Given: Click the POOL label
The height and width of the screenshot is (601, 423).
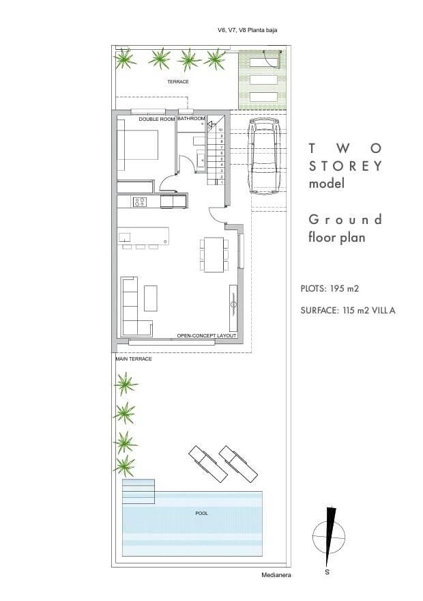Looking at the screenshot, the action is [x=202, y=513].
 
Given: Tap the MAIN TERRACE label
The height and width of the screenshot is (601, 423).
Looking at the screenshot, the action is [x=134, y=359].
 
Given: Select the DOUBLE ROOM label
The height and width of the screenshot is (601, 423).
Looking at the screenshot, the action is [x=156, y=120].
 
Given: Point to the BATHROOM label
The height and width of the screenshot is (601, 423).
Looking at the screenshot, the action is [x=191, y=118].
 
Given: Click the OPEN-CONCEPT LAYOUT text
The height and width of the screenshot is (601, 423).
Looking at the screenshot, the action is [x=207, y=336].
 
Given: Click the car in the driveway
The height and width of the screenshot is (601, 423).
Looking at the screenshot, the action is [x=264, y=156].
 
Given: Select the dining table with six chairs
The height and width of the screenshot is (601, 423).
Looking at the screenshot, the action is [x=214, y=255].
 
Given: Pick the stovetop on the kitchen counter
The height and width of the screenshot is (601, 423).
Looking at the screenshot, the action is [x=139, y=201].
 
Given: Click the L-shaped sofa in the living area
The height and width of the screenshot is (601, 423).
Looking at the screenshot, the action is [x=132, y=307].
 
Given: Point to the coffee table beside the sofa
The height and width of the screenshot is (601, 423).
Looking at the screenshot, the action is [x=151, y=298].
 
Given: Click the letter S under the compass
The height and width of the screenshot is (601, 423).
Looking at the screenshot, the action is [x=327, y=572].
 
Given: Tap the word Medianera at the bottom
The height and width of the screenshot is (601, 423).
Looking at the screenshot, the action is [x=276, y=575].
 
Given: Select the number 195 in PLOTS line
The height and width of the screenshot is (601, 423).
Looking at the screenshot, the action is [x=337, y=288].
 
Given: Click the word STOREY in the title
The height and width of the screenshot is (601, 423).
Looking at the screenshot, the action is [x=346, y=166].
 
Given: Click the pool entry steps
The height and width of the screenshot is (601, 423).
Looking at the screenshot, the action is [x=138, y=491].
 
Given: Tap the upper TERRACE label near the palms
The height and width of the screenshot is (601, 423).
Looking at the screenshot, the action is [x=178, y=82].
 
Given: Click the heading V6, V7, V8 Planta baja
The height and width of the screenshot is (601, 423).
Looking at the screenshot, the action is [x=247, y=30].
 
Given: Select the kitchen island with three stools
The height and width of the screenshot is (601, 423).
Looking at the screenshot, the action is [x=143, y=238].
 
